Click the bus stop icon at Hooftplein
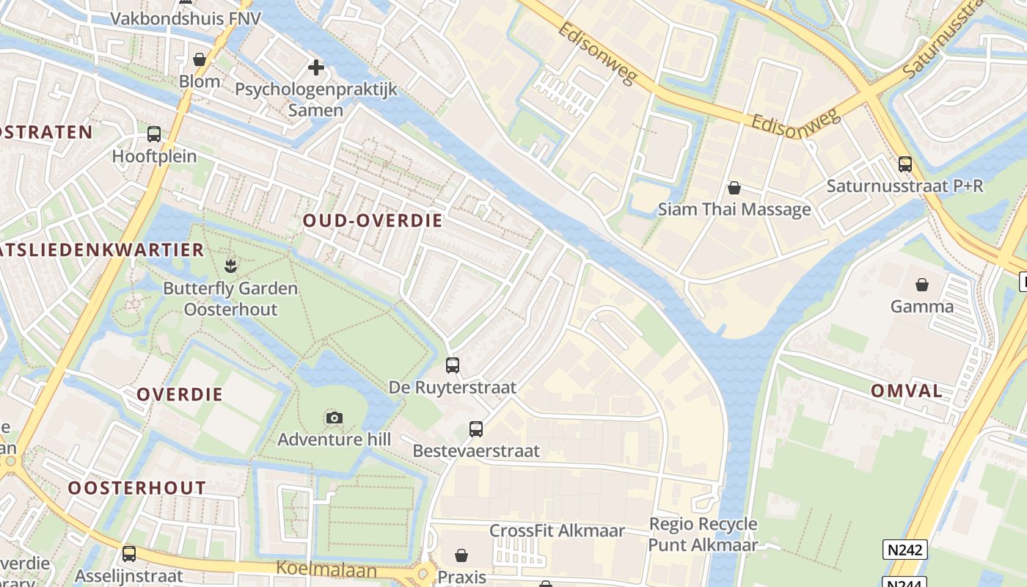(x=154, y=134)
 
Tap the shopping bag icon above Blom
(x=199, y=59)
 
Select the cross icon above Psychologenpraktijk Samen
(x=316, y=68)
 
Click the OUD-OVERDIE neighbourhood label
(x=373, y=221)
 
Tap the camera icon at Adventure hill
(x=334, y=418)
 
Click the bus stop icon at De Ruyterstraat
(x=453, y=365)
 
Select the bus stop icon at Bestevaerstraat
(x=476, y=429)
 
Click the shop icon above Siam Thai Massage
(x=734, y=188)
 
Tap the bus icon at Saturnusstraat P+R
(x=905, y=164)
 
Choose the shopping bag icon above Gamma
(x=921, y=284)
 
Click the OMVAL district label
(x=907, y=391)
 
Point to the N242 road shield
(x=904, y=550)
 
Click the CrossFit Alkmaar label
(x=557, y=531)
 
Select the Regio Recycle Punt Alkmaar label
(x=703, y=534)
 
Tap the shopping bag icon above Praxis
(x=461, y=555)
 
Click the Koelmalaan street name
(x=326, y=569)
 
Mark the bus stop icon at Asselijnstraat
(x=129, y=554)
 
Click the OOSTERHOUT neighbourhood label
(x=137, y=488)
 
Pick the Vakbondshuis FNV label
(x=186, y=18)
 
